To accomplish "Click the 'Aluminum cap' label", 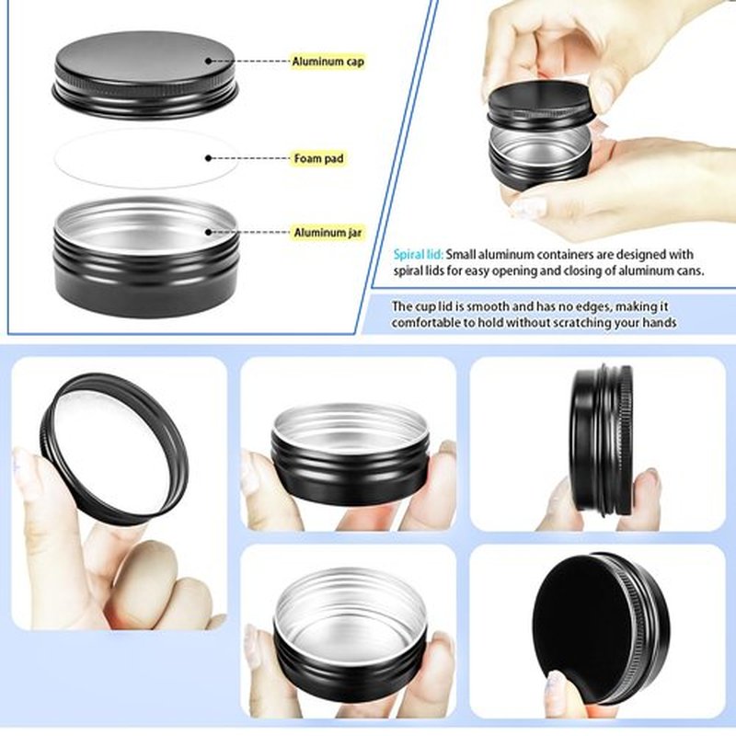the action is tap(328, 62).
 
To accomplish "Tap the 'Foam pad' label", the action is tap(318, 158).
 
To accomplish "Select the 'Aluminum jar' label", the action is tap(328, 233).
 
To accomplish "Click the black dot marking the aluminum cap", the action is tap(209, 61).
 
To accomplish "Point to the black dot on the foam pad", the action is tap(209, 158).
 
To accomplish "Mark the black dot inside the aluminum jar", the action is tap(209, 232).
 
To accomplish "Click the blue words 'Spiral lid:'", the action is tap(419, 255).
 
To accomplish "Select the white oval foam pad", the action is tap(146, 158).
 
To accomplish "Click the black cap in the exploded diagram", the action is tap(145, 75).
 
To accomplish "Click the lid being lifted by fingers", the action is tap(538, 106).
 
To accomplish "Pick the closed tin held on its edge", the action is tap(603, 441).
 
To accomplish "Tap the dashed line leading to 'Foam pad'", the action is tap(248, 158).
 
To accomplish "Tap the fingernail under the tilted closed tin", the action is tap(557, 684).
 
